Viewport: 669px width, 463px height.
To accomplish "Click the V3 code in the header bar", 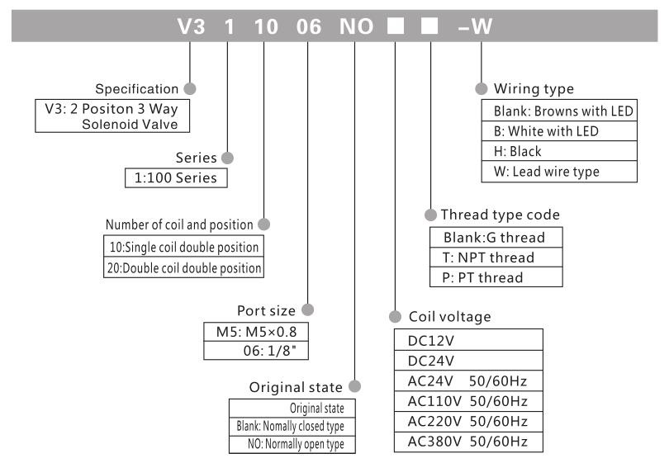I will coord(191,26).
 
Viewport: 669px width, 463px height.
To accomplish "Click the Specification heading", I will coord(137,88).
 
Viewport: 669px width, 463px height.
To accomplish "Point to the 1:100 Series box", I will coord(175,177).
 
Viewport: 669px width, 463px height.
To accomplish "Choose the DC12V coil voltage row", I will coord(468,339).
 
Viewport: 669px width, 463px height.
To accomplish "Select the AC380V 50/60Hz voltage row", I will coord(468,441).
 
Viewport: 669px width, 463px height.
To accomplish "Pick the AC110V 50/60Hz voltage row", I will coord(468,400).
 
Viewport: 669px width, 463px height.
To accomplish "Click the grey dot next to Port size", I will coord(307,310).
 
